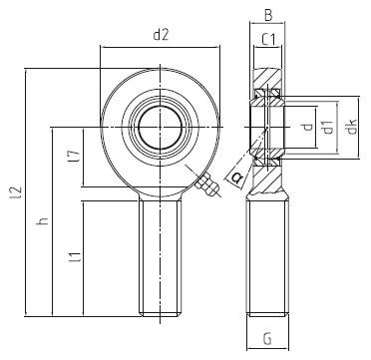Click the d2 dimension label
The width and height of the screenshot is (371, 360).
tap(160, 36)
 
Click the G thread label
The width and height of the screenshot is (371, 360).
tap(267, 340)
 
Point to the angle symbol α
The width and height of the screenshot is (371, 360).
tap(235, 177)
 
